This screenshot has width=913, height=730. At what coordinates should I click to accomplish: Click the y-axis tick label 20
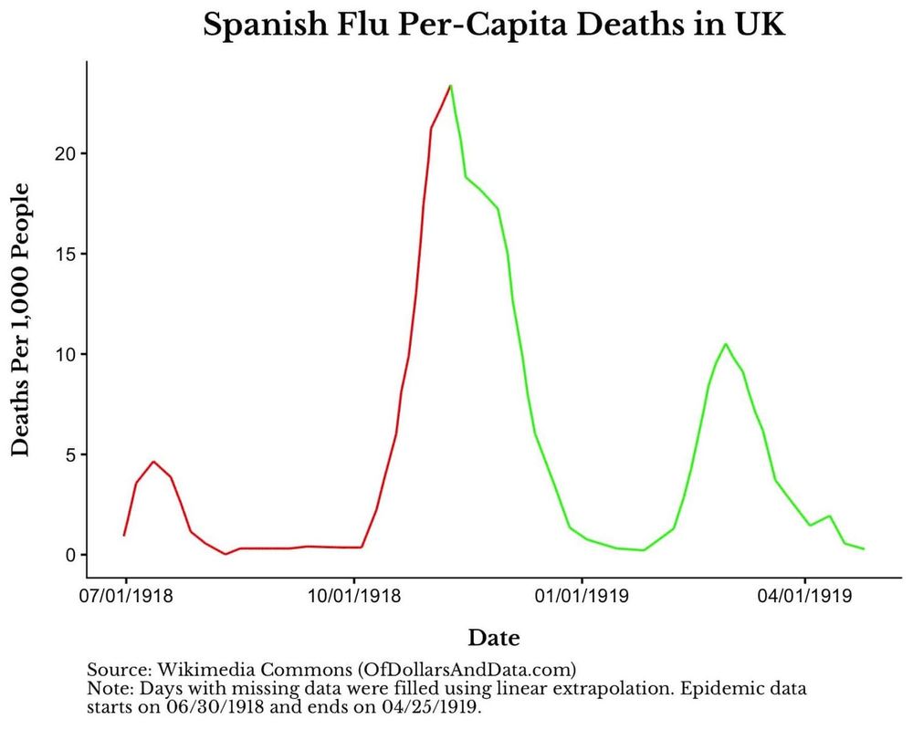coord(62,153)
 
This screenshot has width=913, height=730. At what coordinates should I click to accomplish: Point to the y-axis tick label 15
coord(62,254)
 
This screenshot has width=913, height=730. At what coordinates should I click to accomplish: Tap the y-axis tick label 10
coord(62,354)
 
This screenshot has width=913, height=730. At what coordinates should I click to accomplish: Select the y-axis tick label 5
coord(67,454)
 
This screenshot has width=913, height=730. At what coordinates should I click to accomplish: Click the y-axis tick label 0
coord(67,555)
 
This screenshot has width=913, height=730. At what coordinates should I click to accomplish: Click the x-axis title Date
coord(494,637)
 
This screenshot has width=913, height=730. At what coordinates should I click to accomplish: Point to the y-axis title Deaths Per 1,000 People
coord(21,319)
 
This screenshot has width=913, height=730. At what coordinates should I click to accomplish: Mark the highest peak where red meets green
coord(450,86)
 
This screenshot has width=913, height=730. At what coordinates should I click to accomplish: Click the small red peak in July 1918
coord(153,462)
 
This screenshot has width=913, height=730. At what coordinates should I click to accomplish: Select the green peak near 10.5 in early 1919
coord(725,344)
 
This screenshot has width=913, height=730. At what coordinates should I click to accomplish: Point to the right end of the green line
coord(863,548)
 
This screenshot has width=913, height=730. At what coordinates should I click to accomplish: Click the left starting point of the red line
coord(124,535)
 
